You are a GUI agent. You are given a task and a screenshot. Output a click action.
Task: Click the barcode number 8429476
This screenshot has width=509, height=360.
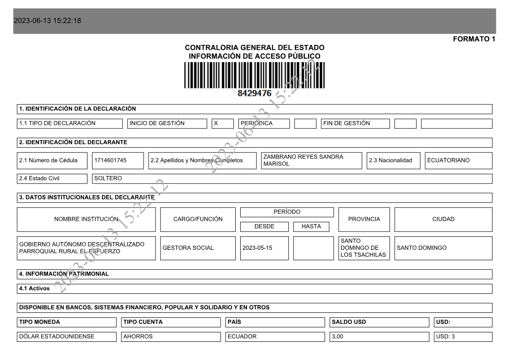[x=254, y=93]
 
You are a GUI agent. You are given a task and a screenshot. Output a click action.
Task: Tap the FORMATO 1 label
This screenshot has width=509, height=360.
[x=474, y=39]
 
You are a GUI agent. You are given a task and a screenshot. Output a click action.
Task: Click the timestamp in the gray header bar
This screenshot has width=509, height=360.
[x=48, y=21]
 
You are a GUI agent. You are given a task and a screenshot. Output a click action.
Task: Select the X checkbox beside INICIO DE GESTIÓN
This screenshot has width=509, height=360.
[x=223, y=123]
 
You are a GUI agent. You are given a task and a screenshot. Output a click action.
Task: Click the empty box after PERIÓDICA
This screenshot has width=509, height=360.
[x=305, y=123]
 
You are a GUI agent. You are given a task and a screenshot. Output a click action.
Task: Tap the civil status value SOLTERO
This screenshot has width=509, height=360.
[x=108, y=178]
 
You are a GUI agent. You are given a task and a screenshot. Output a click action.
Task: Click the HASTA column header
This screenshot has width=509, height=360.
[x=311, y=226]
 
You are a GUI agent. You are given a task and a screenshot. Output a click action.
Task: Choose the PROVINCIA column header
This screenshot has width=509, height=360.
[x=364, y=219]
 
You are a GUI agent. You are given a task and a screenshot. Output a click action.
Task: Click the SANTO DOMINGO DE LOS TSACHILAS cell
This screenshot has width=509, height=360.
[x=364, y=248]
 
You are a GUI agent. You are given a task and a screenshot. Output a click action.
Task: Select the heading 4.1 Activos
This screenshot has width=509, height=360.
[x=34, y=288]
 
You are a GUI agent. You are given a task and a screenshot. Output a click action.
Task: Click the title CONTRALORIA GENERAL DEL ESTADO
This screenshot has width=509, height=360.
[x=254, y=48]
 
